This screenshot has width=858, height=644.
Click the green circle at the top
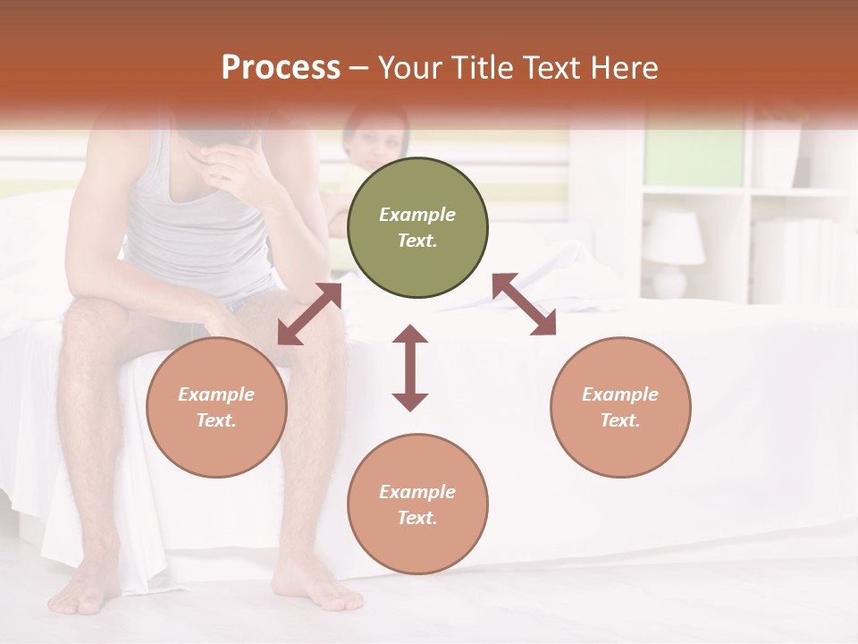pyautogui.click(x=417, y=228)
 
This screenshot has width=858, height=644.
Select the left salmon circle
pyautogui.click(x=216, y=407)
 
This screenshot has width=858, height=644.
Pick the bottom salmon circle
pyautogui.click(x=417, y=504)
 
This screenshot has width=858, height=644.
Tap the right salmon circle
pyautogui.click(x=620, y=407)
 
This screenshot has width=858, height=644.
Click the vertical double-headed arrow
pyautogui.click(x=410, y=368)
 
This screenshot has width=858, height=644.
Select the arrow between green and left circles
pyautogui.click(x=309, y=314)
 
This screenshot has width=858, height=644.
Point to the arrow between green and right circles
pyautogui.click(x=524, y=304)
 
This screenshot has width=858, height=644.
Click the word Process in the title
pyautogui.click(x=281, y=68)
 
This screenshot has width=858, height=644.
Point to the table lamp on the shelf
pyautogui.click(x=673, y=251)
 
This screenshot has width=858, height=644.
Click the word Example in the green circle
pyautogui.click(x=417, y=215)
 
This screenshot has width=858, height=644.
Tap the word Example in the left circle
pyautogui.click(x=216, y=394)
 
